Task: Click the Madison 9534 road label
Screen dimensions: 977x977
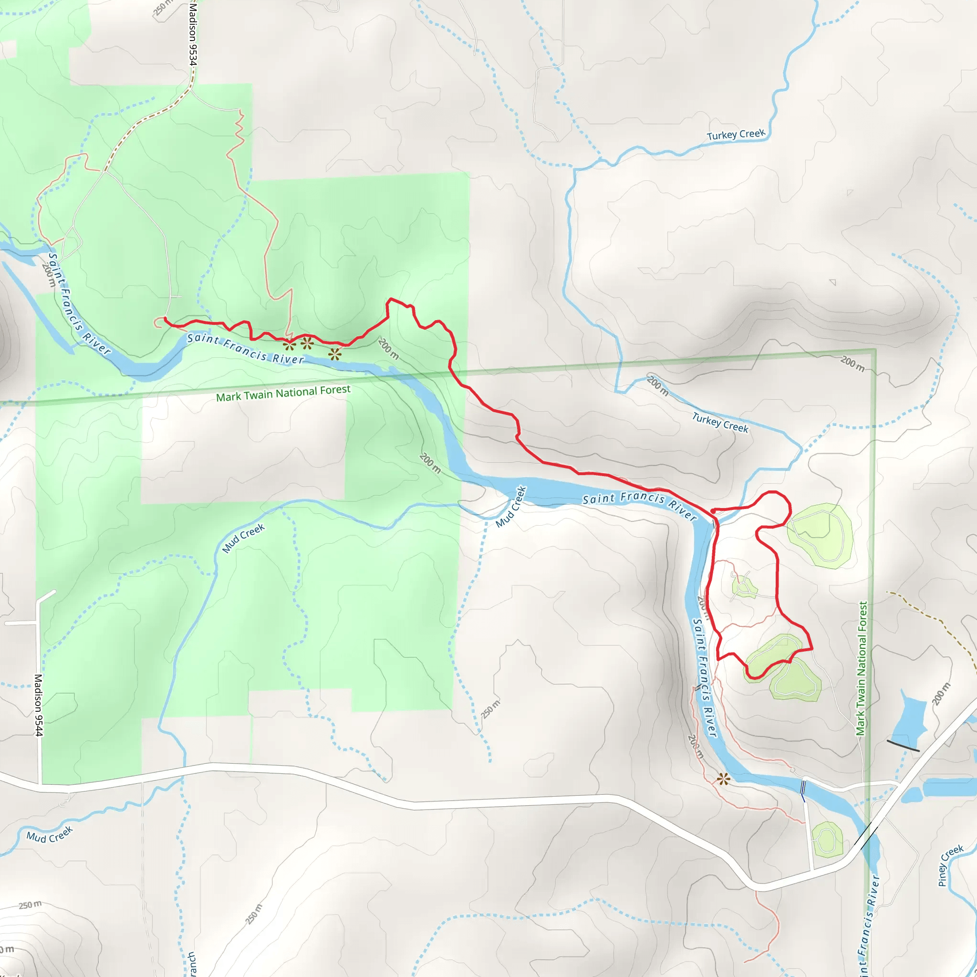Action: pos(193,33)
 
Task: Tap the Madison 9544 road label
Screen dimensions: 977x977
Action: pos(39,705)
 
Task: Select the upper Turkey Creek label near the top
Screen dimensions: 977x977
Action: pos(736,135)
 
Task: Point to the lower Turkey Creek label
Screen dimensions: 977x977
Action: pos(720,423)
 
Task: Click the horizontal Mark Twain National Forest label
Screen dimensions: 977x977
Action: pos(283,394)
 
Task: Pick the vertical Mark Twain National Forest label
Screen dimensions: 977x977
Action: pos(862,668)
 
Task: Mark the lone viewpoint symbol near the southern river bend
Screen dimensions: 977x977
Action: pos(724,779)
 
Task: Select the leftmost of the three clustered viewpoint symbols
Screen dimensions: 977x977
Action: pos(289,346)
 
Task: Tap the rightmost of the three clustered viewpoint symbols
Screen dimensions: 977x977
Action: pos(335,354)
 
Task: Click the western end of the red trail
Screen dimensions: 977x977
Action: pos(166,319)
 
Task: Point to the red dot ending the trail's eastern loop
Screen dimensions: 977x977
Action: pos(713,511)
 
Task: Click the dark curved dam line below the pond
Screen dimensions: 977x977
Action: pos(903,746)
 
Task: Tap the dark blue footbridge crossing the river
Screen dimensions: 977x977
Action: pos(803,790)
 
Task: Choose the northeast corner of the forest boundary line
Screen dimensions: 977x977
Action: pos(875,349)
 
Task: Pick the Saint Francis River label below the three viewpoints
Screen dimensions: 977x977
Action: pos(246,348)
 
